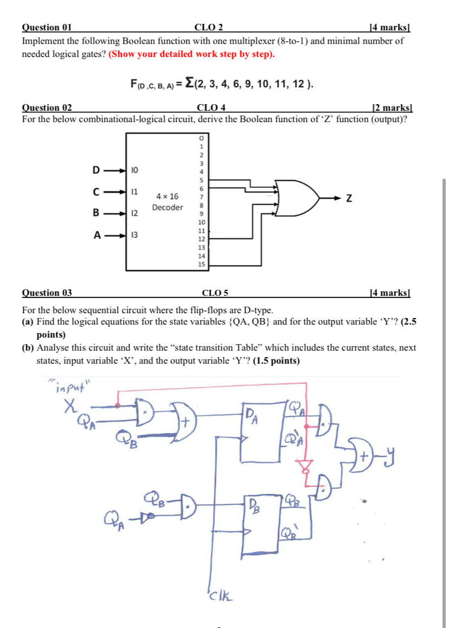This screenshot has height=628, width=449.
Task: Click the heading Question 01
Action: (x=47, y=28)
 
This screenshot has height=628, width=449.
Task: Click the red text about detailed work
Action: (x=192, y=54)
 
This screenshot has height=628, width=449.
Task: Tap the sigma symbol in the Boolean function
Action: (x=189, y=83)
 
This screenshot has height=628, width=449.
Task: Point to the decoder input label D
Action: (x=96, y=170)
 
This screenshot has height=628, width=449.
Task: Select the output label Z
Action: (x=350, y=200)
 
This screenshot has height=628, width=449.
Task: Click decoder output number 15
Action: (x=201, y=264)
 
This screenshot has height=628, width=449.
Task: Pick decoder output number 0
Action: (x=201, y=138)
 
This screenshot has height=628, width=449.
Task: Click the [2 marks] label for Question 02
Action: (x=393, y=107)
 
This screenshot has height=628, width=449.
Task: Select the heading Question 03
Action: (x=47, y=293)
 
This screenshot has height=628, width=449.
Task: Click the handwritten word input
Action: (x=73, y=386)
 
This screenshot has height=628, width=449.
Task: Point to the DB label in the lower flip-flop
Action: (x=255, y=507)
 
